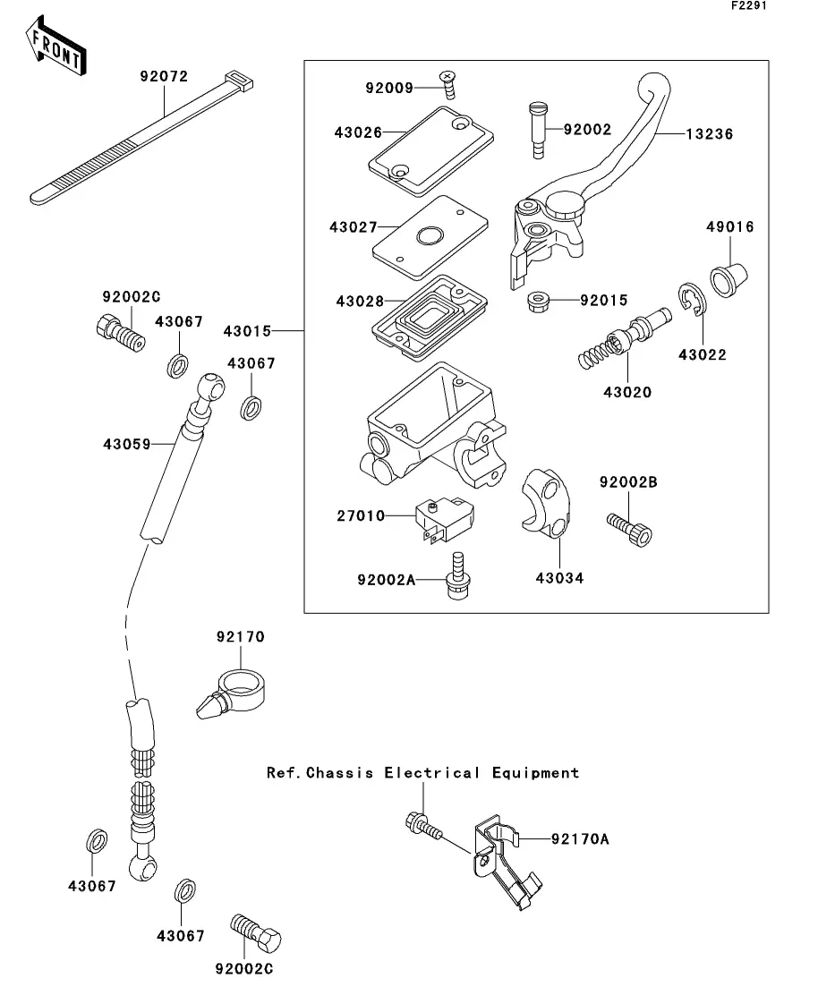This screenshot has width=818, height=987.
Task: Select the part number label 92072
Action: pyautogui.click(x=164, y=76)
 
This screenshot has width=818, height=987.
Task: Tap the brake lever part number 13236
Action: pyautogui.click(x=710, y=134)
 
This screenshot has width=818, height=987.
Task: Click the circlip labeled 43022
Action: pyautogui.click(x=692, y=301)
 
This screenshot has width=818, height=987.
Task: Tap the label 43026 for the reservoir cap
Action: pyautogui.click(x=359, y=132)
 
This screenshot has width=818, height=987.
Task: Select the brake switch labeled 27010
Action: pyautogui.click(x=442, y=522)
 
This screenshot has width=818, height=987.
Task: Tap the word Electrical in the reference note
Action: pyautogui.click(x=432, y=772)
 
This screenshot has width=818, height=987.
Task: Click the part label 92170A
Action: pyautogui.click(x=579, y=838)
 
